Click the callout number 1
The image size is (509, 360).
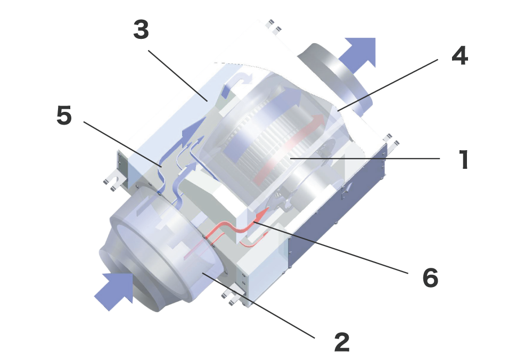[464, 159]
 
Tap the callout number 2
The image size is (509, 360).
[342, 342]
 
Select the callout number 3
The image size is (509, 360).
[141, 29]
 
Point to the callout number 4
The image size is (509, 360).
[459, 55]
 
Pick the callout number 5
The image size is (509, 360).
[64, 115]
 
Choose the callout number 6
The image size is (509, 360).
[430, 277]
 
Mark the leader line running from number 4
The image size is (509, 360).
[388, 85]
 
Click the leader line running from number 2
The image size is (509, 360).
[258, 305]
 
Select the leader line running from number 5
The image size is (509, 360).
[122, 144]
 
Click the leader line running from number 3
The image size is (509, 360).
[178, 76]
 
